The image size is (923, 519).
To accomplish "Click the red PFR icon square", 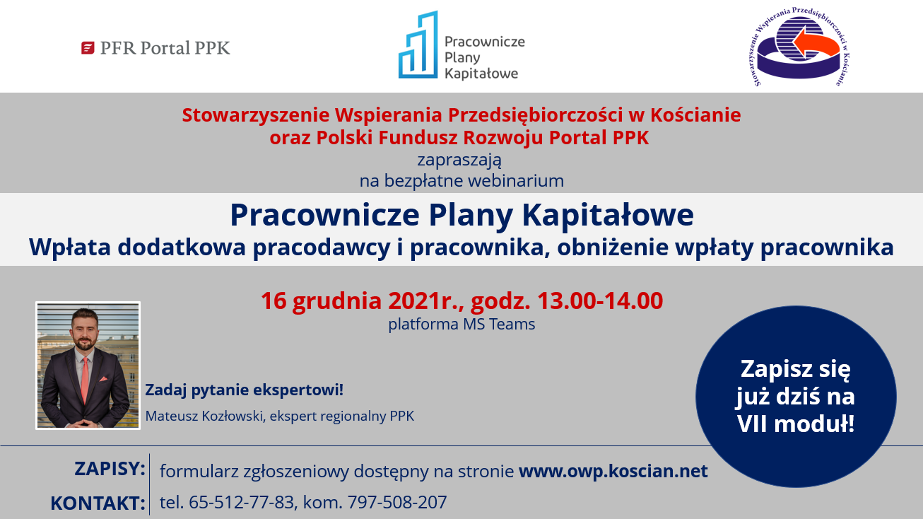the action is coord(88,48).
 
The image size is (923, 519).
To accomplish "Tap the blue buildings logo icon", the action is coord(418,45).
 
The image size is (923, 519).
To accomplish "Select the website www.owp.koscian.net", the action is coord(613,471).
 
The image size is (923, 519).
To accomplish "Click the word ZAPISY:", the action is coord(110,469).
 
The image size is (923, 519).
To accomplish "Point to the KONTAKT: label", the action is coord(98,503).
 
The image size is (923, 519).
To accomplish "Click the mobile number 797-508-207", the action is coord(397,502).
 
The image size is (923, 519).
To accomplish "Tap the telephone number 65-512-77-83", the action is coord(242,502).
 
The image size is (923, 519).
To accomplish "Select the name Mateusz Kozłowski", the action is coord(204,416).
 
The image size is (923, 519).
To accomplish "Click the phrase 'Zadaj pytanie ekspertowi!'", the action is coord(244,390).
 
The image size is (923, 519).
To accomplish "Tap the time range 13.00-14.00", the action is coord(600,301).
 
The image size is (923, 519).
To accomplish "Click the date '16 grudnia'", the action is coord(322,301).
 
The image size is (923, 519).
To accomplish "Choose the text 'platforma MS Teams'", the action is coord(461,324).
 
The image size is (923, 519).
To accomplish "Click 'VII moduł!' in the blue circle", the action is coord(796,424).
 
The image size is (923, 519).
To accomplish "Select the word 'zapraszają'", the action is coord(459,160).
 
